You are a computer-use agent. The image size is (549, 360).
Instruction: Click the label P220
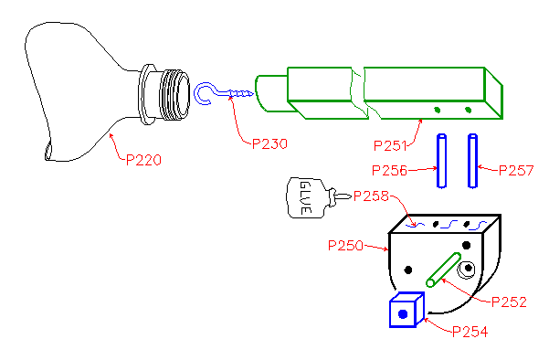click(x=143, y=160)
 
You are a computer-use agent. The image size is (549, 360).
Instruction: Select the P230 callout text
click(x=269, y=144)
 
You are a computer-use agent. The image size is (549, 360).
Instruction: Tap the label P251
click(x=390, y=145)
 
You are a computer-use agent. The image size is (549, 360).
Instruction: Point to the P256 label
click(x=389, y=171)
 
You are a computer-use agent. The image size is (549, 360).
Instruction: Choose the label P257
click(x=516, y=171)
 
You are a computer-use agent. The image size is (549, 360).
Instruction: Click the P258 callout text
click(x=371, y=196)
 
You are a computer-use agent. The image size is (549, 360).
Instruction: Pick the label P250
click(x=345, y=246)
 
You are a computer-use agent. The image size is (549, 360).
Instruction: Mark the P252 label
click(x=509, y=302)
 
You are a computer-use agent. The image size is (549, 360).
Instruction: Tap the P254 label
click(x=470, y=332)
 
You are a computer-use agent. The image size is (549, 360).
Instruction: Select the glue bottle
click(x=317, y=198)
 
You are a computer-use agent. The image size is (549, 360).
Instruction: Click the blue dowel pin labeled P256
click(x=441, y=161)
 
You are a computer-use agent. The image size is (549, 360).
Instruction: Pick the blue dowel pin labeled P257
click(x=472, y=161)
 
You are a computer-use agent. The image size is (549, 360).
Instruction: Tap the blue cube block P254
click(x=406, y=310)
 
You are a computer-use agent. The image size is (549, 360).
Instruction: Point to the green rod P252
click(x=443, y=270)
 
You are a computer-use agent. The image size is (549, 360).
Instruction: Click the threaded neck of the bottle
click(x=174, y=94)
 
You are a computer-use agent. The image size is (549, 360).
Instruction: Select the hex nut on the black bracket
click(x=467, y=269)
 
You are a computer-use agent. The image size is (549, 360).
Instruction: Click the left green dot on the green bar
click(x=437, y=110)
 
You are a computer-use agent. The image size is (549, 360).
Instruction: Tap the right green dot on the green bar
click(x=468, y=110)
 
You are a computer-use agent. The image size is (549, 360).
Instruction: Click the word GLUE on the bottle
click(x=305, y=197)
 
